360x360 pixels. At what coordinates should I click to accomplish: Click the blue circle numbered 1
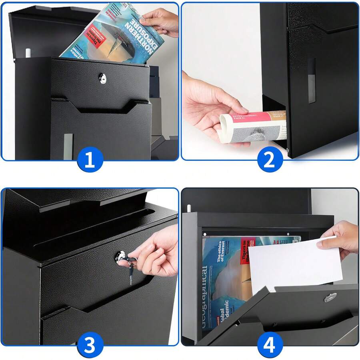[90, 159]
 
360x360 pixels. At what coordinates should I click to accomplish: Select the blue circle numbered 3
[90, 344]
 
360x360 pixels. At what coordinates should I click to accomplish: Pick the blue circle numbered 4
[270, 344]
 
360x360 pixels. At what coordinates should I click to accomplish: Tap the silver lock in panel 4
[330, 297]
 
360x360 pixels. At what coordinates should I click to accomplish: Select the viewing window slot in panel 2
[311, 80]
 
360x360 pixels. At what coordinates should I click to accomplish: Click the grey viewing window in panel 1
[68, 146]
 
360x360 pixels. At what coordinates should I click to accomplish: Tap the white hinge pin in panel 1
[28, 53]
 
